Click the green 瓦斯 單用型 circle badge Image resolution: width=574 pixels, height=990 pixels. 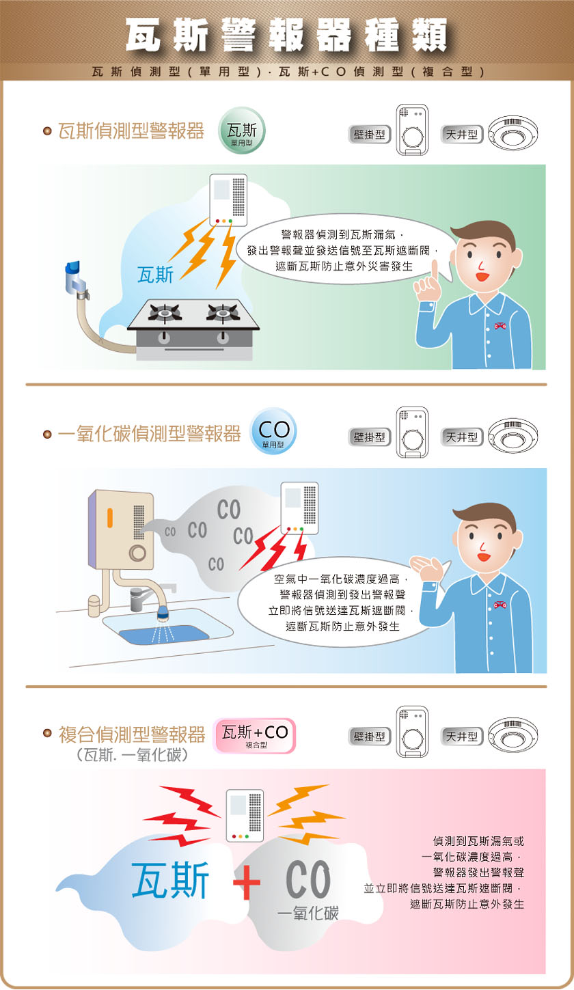(242, 130)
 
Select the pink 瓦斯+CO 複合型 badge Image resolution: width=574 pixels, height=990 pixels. (254, 736)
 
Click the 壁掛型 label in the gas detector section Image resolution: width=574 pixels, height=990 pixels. (370, 135)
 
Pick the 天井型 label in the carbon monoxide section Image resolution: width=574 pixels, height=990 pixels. (462, 437)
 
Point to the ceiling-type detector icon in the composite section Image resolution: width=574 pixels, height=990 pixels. (513, 735)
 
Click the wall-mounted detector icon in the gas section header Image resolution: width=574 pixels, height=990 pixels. (412, 130)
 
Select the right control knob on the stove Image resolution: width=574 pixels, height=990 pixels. (223, 338)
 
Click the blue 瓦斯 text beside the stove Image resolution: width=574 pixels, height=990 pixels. (155, 275)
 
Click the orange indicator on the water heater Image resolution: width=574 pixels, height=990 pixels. (109, 518)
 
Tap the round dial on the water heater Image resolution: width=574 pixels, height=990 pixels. (137, 553)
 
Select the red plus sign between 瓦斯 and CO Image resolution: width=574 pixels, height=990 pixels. (247, 883)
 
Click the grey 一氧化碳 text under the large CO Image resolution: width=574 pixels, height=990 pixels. (308, 913)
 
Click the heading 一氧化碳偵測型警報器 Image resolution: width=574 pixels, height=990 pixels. (150, 434)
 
